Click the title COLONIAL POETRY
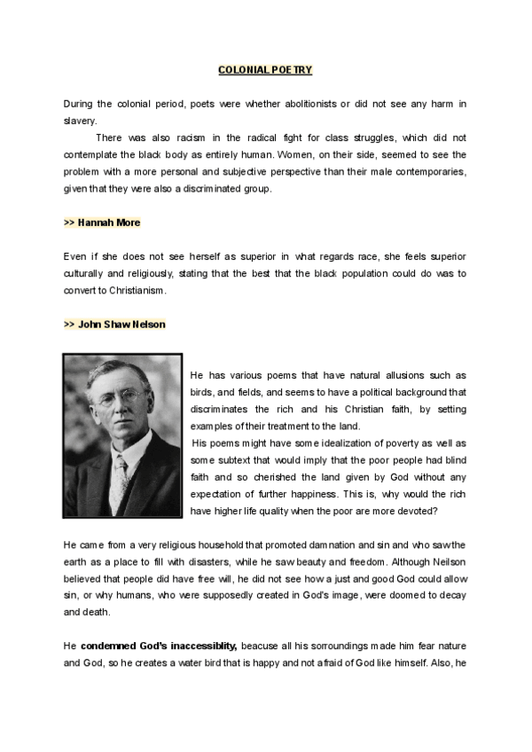pyautogui.click(x=265, y=69)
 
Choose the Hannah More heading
pyautogui.click(x=102, y=222)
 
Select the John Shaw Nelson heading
pyautogui.click(x=114, y=325)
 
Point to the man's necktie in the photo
pyautogui.click(x=118, y=480)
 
